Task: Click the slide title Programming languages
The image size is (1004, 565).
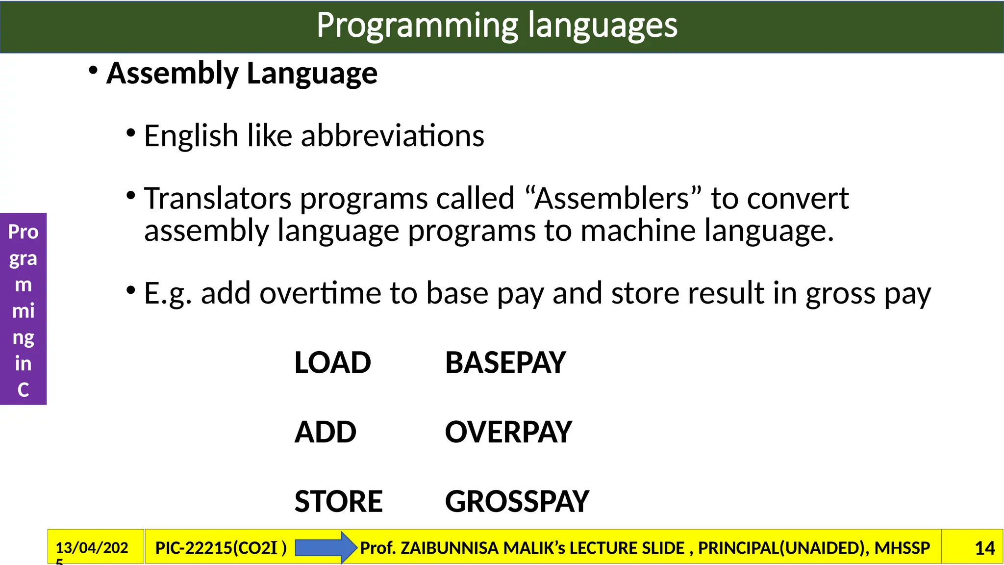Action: [497, 26]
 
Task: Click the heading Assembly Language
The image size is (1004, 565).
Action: [242, 74]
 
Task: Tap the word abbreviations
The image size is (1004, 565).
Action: [392, 136]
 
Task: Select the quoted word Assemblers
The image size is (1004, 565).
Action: [612, 199]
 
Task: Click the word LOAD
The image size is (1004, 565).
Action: [332, 363]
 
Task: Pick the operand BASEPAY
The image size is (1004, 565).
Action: [505, 363]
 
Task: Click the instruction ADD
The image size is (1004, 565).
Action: [325, 432]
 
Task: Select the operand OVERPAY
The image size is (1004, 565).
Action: [508, 432]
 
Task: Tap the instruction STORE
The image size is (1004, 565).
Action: [338, 501]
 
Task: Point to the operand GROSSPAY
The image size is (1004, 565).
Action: [517, 501]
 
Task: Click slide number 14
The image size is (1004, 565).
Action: [984, 548]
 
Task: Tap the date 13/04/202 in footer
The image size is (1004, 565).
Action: [92, 548]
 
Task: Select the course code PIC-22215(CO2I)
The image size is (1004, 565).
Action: [221, 548]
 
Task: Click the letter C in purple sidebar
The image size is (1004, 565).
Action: [23, 390]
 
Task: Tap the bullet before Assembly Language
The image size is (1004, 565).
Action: [93, 71]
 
